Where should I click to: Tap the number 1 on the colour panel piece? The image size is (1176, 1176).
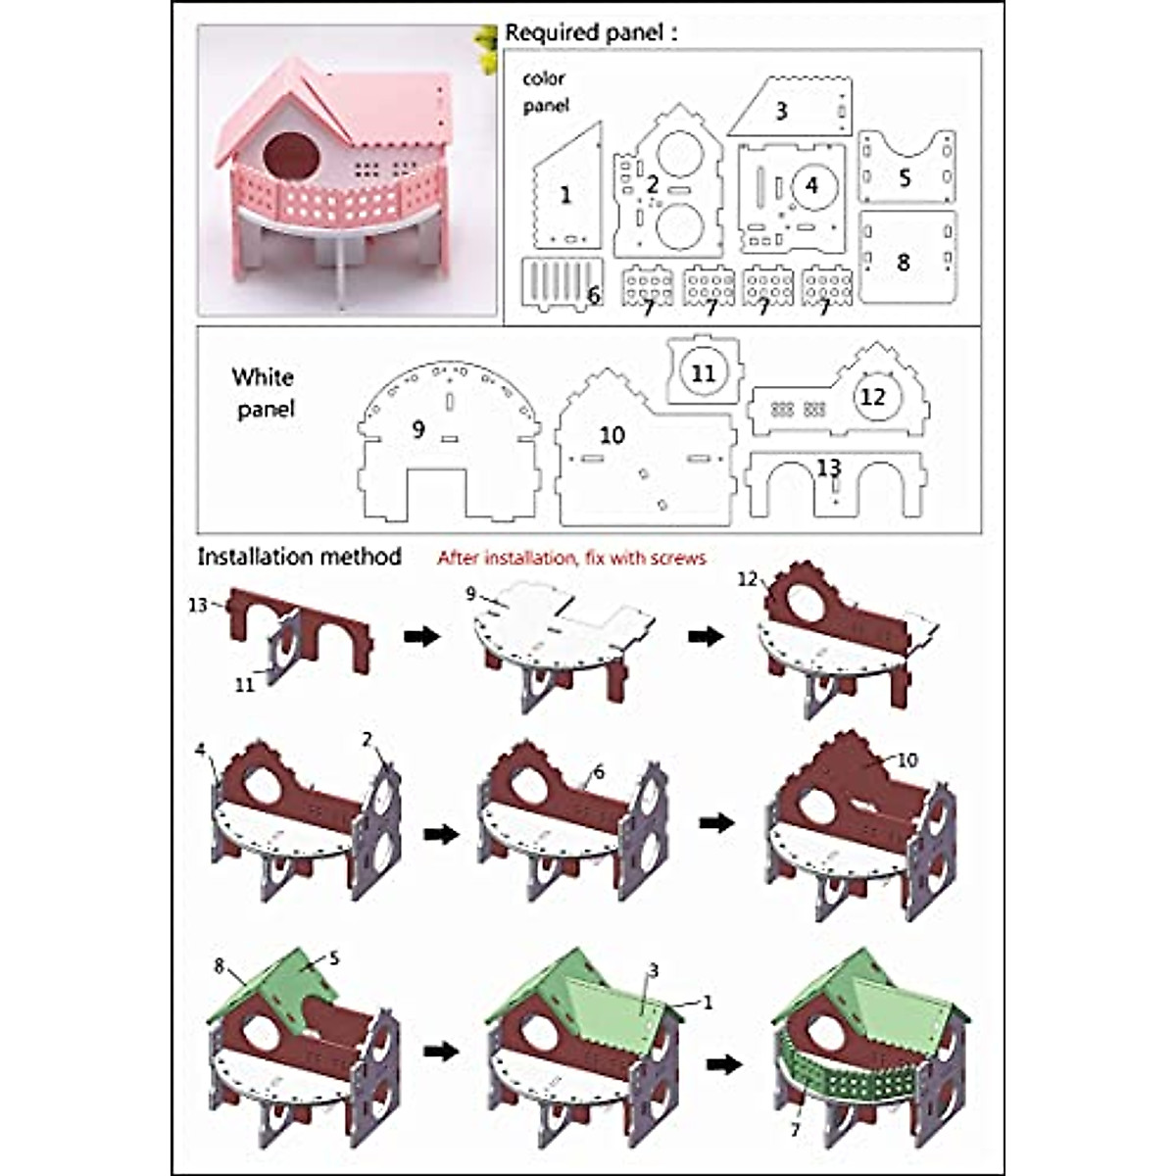click(x=564, y=195)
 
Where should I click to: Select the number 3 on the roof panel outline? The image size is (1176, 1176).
click(x=781, y=111)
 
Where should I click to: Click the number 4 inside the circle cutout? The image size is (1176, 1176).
click(x=811, y=184)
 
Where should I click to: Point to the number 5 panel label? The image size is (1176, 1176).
click(x=905, y=177)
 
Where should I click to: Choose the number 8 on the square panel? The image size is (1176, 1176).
click(x=903, y=262)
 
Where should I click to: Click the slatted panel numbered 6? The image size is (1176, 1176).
click(x=561, y=284)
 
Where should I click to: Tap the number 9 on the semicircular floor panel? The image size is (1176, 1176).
click(x=418, y=428)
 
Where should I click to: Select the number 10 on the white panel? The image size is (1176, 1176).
click(x=612, y=434)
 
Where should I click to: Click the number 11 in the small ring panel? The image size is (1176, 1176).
click(x=703, y=372)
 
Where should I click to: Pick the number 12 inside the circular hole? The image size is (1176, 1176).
click(x=871, y=396)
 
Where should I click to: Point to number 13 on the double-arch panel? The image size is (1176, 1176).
click(x=829, y=467)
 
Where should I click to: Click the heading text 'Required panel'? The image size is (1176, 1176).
click(x=590, y=32)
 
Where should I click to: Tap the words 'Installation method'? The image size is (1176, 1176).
click(x=299, y=557)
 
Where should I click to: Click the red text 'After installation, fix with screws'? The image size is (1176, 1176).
click(x=571, y=558)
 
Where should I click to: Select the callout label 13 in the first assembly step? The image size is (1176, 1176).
click(x=198, y=605)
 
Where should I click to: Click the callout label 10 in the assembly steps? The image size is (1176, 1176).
click(x=907, y=759)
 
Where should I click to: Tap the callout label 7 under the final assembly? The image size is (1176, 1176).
click(x=795, y=1130)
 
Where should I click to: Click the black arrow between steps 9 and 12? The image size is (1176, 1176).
click(x=706, y=636)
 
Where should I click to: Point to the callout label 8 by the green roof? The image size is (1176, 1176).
click(x=220, y=966)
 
